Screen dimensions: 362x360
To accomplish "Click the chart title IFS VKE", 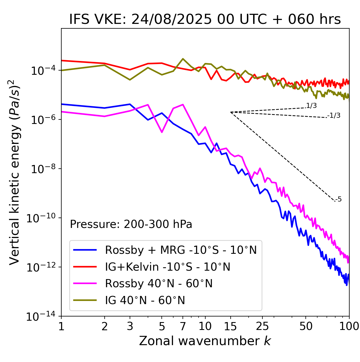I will pos(205,19).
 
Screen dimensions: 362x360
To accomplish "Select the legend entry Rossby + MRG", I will pos(181,250).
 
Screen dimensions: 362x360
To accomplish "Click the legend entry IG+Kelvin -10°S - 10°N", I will pos(168,267).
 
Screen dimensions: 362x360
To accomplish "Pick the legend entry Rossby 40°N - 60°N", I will pos(159,284).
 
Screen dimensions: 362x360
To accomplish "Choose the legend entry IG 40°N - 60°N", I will pos(145,300).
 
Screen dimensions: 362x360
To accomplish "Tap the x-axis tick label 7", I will pos(183,326).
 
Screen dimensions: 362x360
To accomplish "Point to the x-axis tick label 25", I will pos(262,326).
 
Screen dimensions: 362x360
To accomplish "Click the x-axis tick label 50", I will pos(306,326).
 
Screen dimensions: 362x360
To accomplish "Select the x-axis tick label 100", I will pos(349,326).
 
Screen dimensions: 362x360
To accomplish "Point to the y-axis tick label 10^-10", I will pos(41,218).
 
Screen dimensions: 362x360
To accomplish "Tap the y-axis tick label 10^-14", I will pos(41,316).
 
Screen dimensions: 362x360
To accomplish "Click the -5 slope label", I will pos(338,200).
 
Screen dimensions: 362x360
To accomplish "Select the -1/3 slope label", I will pos(334,116).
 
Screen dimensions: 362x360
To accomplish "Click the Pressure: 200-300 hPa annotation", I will pos(131,224).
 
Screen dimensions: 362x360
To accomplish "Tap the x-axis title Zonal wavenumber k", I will pos(205,341).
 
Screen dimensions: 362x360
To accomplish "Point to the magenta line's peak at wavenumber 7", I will pos(183,105).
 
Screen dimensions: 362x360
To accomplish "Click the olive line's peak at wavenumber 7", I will pos(183,59).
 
